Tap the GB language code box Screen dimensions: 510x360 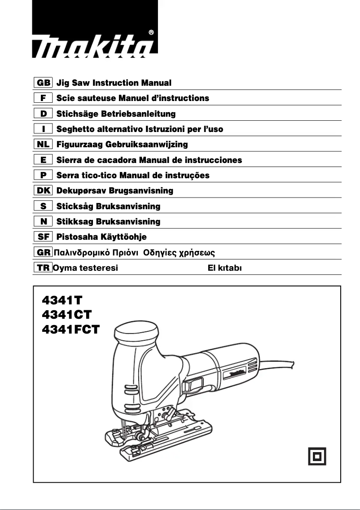tap(44, 83)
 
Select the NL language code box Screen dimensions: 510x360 tap(44, 145)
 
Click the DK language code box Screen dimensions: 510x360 tap(44, 191)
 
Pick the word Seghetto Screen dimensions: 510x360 tap(73, 129)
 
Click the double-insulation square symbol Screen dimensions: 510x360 tap(317, 456)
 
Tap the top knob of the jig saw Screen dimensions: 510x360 tap(137, 333)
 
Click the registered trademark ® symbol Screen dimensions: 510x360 tap(151, 32)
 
